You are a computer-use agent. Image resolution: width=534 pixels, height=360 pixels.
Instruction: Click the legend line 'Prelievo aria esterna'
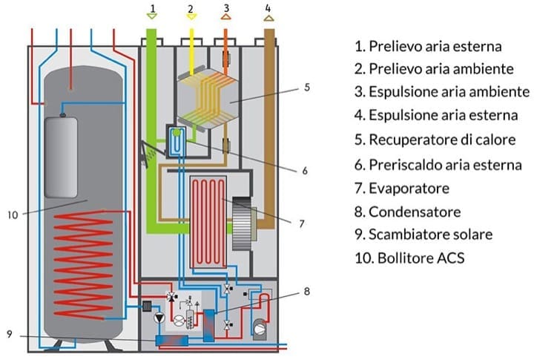click(x=428, y=46)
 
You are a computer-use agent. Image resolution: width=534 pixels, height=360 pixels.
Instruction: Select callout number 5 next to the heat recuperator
click(x=305, y=87)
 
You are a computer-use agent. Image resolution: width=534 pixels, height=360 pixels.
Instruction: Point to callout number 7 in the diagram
click(x=303, y=223)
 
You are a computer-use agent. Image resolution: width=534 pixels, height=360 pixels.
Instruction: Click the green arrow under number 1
click(x=151, y=19)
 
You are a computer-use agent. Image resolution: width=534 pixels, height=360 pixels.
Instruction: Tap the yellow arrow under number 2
click(x=190, y=19)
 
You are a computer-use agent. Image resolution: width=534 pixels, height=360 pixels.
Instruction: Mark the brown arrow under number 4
click(x=267, y=19)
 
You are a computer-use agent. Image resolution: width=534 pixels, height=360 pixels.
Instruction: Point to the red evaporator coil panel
click(x=211, y=221)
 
